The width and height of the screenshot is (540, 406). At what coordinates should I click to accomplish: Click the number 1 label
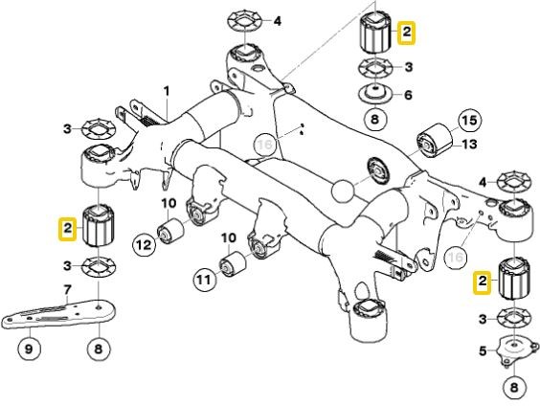pyautogui.click(x=166, y=92)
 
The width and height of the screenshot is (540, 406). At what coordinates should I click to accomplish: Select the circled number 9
pyautogui.click(x=28, y=350)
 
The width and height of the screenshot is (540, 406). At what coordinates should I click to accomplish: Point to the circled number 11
pyautogui.click(x=202, y=280)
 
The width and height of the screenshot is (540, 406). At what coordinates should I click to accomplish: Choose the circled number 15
pyautogui.click(x=469, y=121)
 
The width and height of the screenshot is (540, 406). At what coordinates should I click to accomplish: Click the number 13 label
pyautogui.click(x=469, y=145)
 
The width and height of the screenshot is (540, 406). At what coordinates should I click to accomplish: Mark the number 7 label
pyautogui.click(x=66, y=290)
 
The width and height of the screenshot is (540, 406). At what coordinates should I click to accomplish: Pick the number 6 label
pyautogui.click(x=408, y=95)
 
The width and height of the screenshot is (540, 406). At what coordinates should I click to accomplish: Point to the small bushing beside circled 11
pyautogui.click(x=233, y=264)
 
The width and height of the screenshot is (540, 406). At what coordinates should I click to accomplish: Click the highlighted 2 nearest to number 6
pyautogui.click(x=407, y=34)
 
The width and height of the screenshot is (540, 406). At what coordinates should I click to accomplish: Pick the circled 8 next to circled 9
pyautogui.click(x=97, y=350)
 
